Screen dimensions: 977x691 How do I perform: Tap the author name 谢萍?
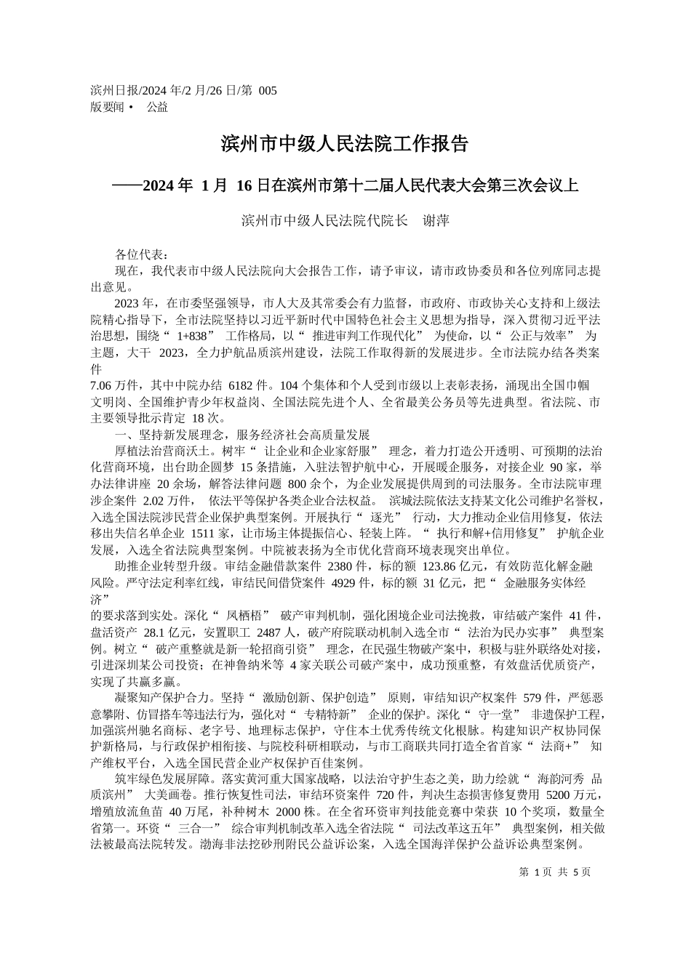pyautogui.click(x=436, y=220)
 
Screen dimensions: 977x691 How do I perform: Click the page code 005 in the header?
pyautogui.click(x=268, y=91)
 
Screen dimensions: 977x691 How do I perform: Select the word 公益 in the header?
pyautogui.click(x=157, y=107)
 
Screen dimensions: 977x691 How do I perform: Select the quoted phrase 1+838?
pyautogui.click(x=193, y=336)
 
